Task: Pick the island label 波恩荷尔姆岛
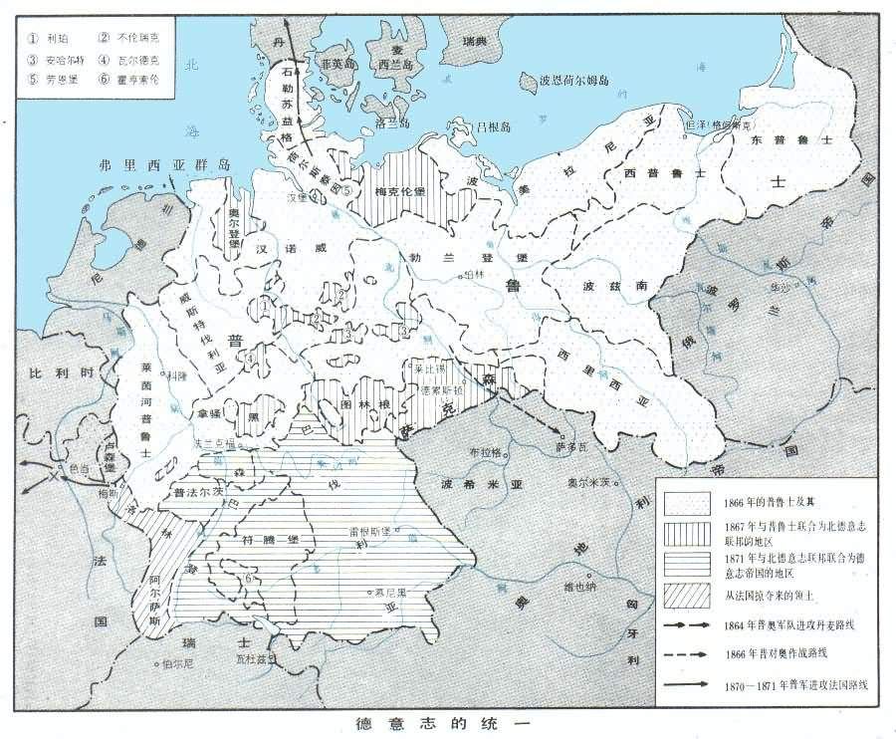tap(573, 80)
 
